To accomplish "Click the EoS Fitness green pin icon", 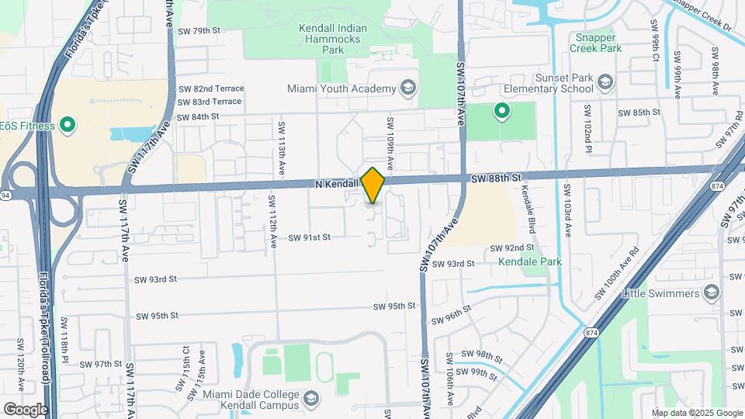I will [x=68, y=125].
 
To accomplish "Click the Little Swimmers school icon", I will [x=712, y=293].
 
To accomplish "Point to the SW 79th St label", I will [x=199, y=31].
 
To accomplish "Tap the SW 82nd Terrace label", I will [x=210, y=89].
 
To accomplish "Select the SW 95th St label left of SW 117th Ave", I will [x=158, y=316].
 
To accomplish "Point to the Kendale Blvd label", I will [x=529, y=210].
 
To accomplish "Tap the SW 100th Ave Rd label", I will [x=616, y=275].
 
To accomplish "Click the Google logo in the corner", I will [x=25, y=410].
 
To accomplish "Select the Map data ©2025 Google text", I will [x=696, y=413].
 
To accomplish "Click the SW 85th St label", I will [x=639, y=113].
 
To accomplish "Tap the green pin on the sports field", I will [x=501, y=112].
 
